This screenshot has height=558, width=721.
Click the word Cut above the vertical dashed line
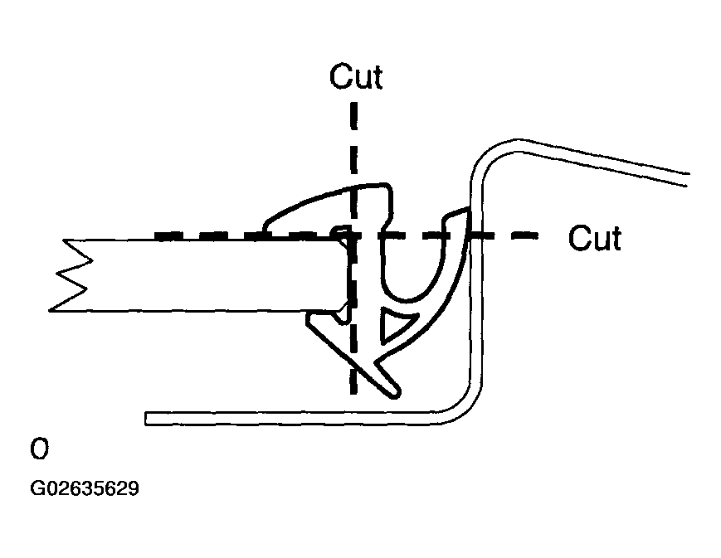tap(356, 76)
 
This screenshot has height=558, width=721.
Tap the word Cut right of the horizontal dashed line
tap(594, 239)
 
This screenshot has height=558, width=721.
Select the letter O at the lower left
tap(40, 450)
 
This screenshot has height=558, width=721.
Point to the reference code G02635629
tap(85, 489)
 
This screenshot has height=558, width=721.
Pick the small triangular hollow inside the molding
tap(391, 328)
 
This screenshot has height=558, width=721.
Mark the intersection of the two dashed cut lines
tap(353, 236)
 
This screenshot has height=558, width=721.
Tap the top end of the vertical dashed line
tap(353, 104)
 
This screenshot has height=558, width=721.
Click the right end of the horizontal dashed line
tap(535, 236)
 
